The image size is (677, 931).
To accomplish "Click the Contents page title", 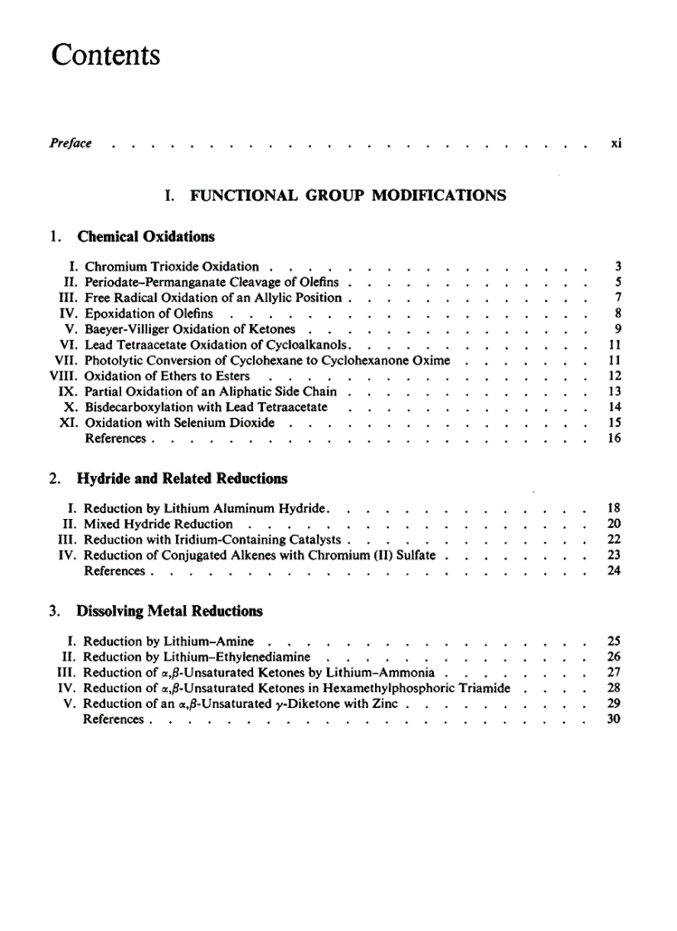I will [105, 56].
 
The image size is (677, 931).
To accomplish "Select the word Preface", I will [71, 143].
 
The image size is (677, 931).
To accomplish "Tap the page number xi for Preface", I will [616, 143].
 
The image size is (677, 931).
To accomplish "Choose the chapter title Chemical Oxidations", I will [145, 236].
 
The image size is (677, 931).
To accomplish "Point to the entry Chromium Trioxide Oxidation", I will [172, 267].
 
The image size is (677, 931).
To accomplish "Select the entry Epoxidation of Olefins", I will [149, 313].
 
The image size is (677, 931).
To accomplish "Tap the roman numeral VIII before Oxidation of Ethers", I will [66, 376].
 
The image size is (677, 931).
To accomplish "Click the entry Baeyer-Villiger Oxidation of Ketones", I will [190, 329].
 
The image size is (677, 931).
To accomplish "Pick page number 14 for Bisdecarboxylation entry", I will [615, 407].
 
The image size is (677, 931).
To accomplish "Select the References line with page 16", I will [115, 439].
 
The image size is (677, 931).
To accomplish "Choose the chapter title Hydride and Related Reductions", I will [182, 478].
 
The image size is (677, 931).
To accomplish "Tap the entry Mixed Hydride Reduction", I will [158, 524].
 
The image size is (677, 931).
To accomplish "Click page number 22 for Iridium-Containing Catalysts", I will [615, 540].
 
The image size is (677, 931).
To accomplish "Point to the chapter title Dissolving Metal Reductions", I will [169, 611].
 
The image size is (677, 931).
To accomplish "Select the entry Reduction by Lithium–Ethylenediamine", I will [197, 657].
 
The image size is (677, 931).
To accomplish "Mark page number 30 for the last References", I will [615, 720].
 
